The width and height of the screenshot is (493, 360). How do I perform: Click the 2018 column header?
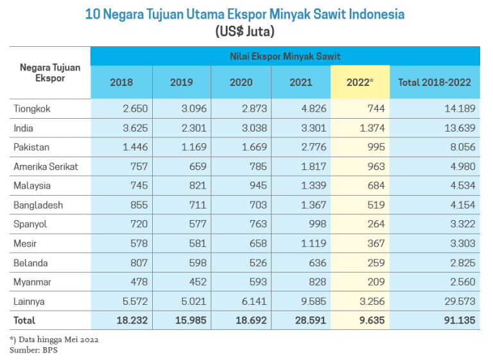click(121, 82)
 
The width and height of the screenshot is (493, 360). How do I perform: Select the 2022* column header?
click(359, 82)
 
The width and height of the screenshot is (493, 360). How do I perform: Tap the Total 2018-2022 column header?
click(435, 82)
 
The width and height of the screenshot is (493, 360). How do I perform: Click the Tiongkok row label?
click(32, 108)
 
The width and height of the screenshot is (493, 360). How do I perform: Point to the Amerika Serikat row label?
click(46, 166)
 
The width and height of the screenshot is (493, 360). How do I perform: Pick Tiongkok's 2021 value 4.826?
click(313, 108)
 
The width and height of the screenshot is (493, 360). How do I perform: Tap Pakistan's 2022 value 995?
click(377, 147)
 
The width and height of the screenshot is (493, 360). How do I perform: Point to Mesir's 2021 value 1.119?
click(315, 243)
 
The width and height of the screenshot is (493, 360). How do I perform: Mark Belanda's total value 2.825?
click(462, 262)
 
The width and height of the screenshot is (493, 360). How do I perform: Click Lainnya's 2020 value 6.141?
click(254, 301)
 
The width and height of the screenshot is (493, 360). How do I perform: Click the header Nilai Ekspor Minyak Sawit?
click(285, 56)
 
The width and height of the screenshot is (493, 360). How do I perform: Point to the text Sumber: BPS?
click(33, 350)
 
